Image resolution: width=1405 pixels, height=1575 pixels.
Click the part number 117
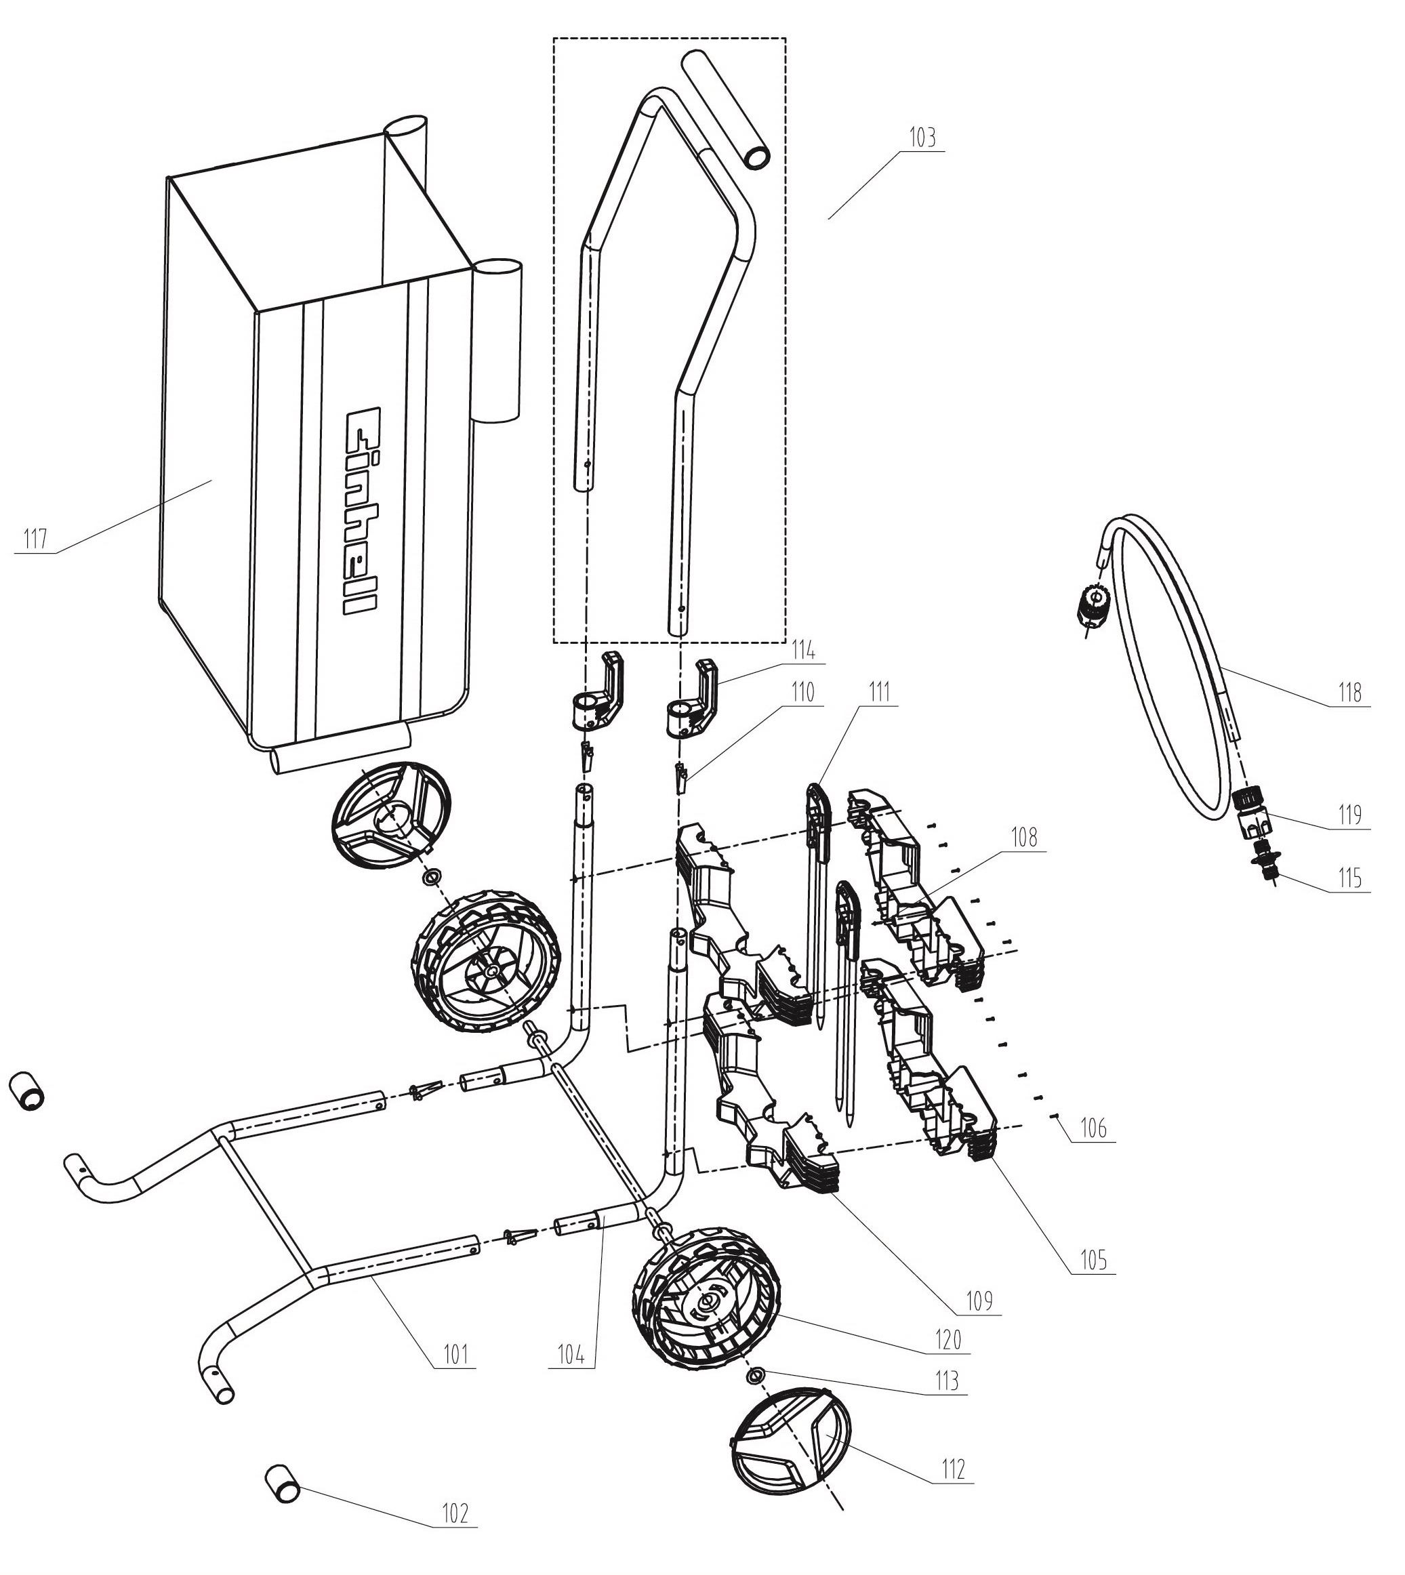pyautogui.click(x=35, y=539)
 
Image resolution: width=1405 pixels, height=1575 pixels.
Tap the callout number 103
pyautogui.click(x=922, y=138)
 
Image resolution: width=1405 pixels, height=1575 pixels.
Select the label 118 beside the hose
pyautogui.click(x=1350, y=693)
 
